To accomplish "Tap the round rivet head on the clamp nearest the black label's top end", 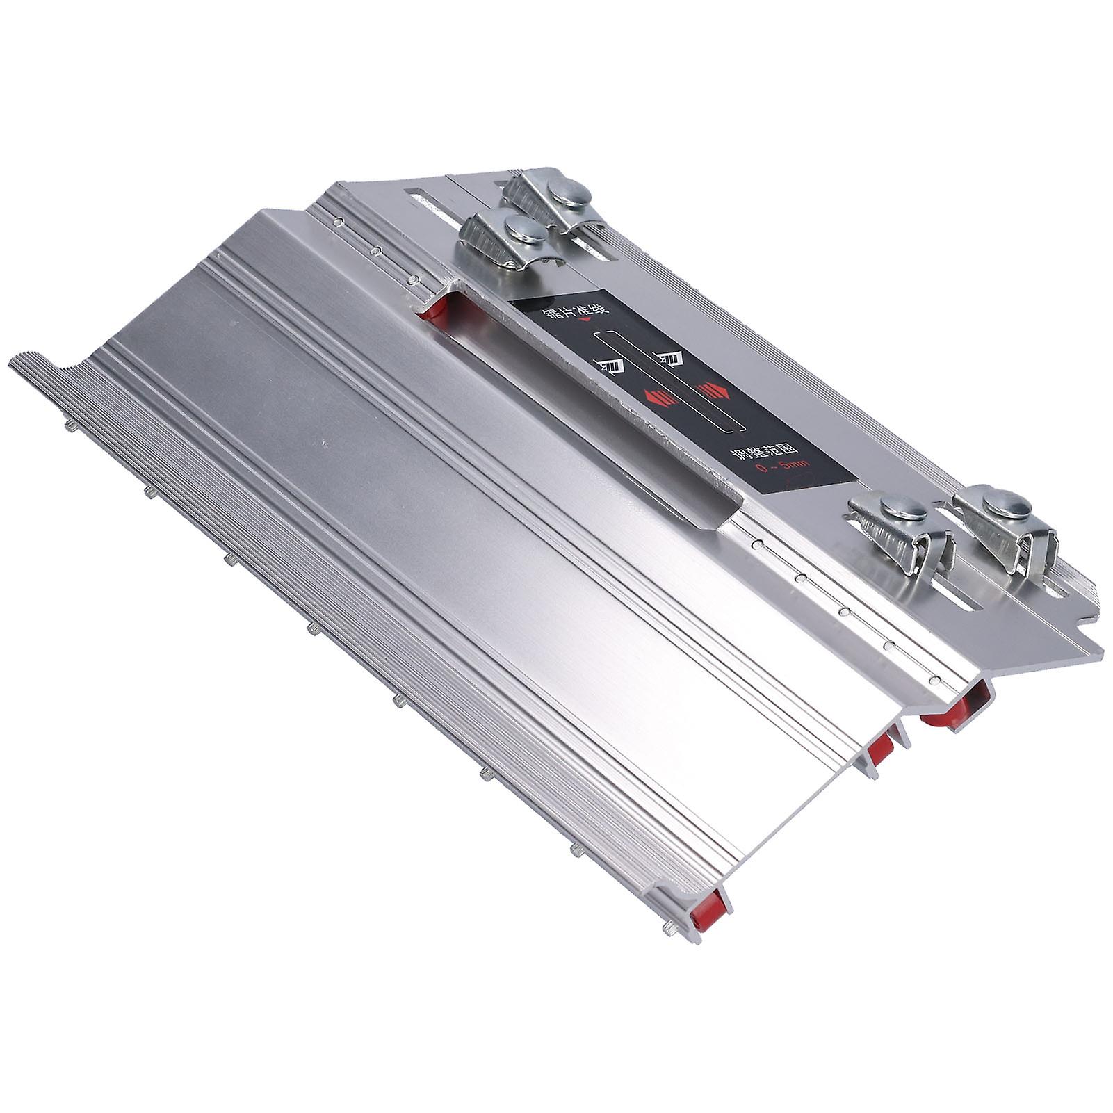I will click(x=516, y=227).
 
